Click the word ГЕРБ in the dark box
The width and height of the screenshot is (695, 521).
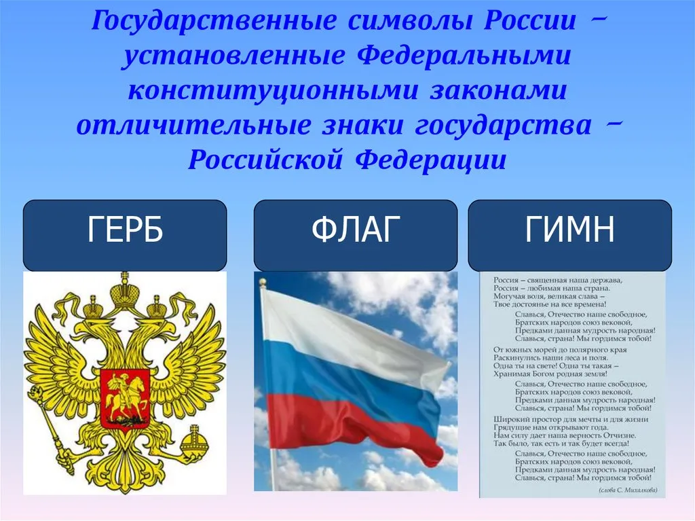tap(126, 230)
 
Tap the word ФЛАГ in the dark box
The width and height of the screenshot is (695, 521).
tap(356, 230)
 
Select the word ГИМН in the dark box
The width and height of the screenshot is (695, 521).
tap(570, 230)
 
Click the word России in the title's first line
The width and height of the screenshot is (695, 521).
tap(529, 20)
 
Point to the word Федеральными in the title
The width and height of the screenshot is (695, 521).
tap(464, 56)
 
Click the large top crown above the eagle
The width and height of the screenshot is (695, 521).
tap(125, 295)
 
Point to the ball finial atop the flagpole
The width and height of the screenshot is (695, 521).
tap(263, 283)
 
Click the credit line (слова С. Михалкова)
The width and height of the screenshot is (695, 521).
tap(628, 490)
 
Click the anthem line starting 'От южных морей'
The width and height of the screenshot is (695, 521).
tap(560, 350)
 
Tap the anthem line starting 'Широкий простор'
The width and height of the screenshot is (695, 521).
tap(571, 419)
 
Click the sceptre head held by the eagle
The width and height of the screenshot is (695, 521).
tap(35, 393)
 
